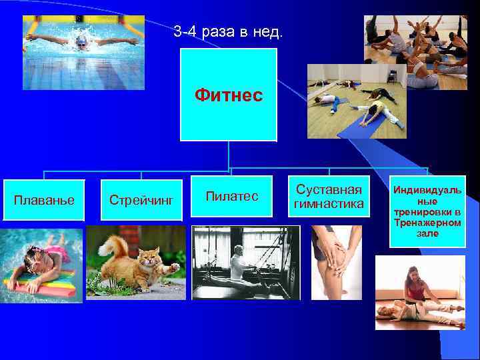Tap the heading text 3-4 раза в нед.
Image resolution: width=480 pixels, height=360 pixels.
227,31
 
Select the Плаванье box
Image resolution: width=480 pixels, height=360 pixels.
45,199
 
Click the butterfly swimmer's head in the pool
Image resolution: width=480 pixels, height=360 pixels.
81,41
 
